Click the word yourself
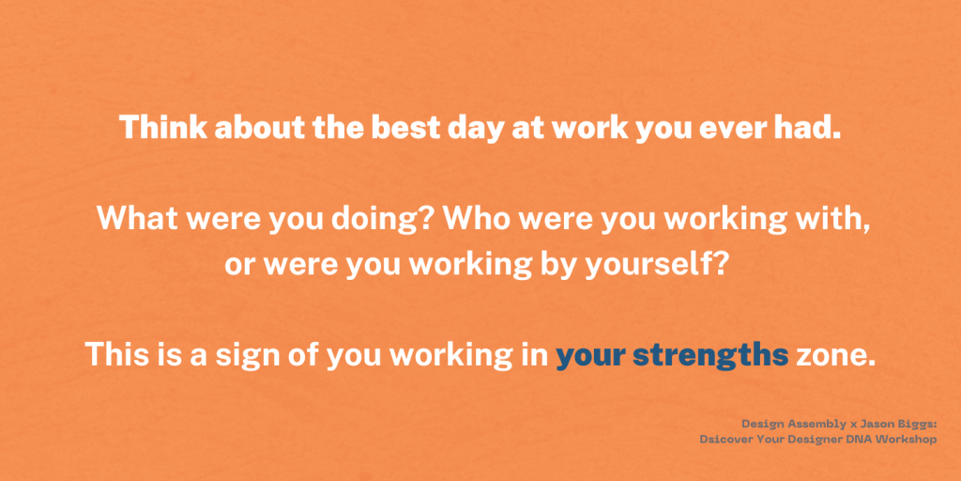click(656, 267)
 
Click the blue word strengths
click(710, 357)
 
